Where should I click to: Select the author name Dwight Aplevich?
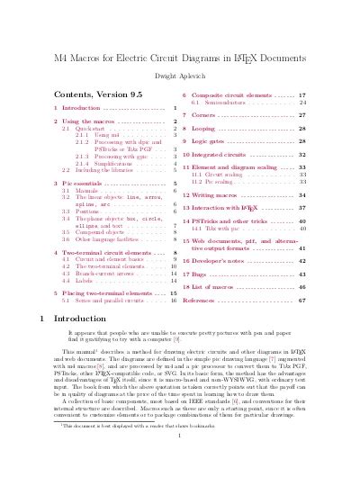click(180, 76)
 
